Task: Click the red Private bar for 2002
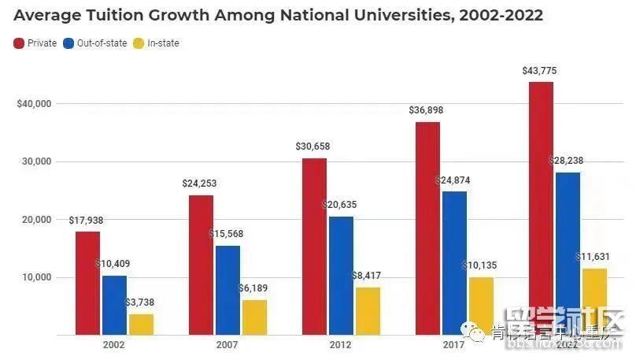(88, 284)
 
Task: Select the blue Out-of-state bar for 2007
(228, 290)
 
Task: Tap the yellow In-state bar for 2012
(368, 311)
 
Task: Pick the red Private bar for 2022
(541, 209)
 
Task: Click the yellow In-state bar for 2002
(142, 325)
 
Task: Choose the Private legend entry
(36, 43)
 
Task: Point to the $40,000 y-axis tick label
(32, 103)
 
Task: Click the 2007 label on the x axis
(227, 345)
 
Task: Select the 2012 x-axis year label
(340, 345)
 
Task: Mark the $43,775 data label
(539, 72)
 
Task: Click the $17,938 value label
(87, 221)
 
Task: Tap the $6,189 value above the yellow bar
(255, 289)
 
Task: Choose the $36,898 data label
(426, 110)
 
